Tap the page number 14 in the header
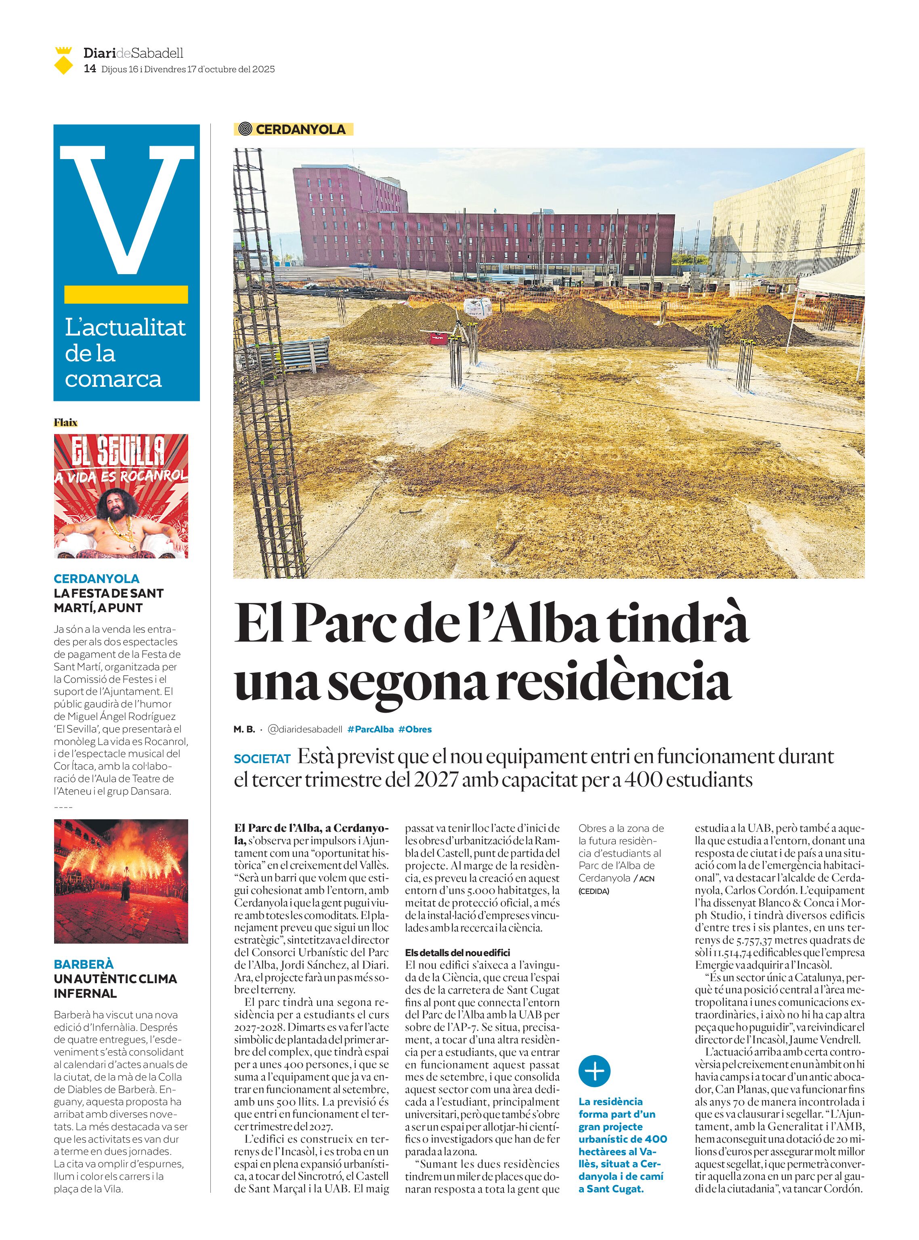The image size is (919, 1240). click(89, 69)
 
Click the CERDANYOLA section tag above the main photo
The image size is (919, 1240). click(293, 130)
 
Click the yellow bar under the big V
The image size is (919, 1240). click(126, 294)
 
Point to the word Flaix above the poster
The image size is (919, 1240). click(66, 422)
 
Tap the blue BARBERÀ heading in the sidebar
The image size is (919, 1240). click(84, 964)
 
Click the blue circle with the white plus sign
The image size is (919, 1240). click(594, 1071)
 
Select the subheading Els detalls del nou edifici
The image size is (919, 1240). click(457, 953)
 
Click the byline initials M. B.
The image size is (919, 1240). click(243, 729)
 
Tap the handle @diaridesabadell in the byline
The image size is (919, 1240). click(305, 729)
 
